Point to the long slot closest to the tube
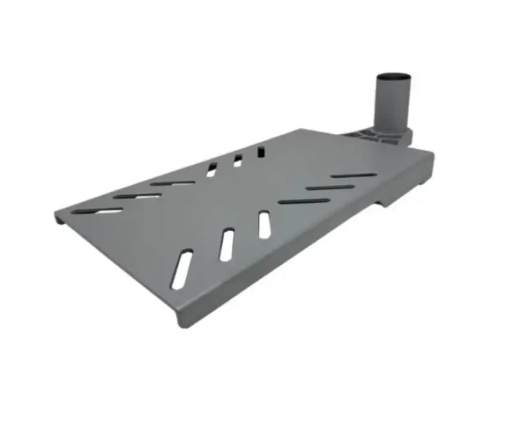coord(352,175)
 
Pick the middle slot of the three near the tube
coord(330,188)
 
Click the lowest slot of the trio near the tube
coord(304,201)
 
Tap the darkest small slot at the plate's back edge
coord(261,152)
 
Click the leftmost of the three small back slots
coord(211,169)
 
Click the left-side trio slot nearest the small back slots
coord(172,183)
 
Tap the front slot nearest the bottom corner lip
coord(183,268)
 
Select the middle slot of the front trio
coord(226,245)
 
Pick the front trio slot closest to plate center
coord(264,225)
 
